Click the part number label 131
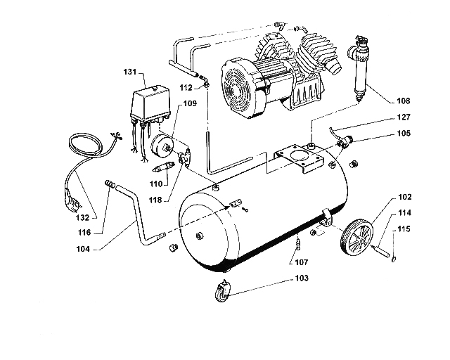point(129,72)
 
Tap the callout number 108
point(404,101)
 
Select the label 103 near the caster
point(302,278)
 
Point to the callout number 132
point(83,217)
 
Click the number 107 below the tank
point(302,262)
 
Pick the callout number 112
point(186,88)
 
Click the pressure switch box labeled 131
point(150,105)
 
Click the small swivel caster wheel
point(222,291)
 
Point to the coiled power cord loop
point(84,146)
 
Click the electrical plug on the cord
point(72,203)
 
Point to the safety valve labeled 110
point(163,167)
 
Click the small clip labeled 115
point(394,259)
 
